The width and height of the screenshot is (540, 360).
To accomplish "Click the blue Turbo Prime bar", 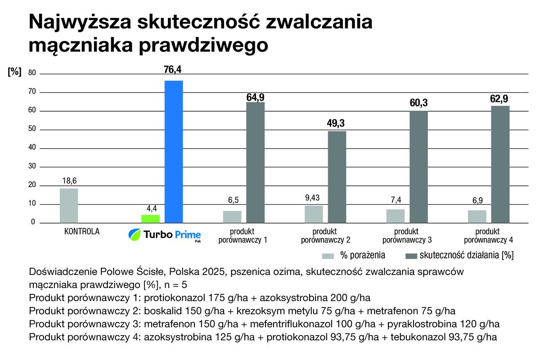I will click(174, 152).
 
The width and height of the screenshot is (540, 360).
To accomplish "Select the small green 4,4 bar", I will click(150, 219).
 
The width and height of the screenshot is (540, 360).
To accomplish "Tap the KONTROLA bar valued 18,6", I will click(69, 206).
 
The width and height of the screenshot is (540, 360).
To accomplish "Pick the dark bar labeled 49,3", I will click(337, 177).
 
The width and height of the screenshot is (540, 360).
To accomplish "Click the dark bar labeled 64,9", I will click(255, 162).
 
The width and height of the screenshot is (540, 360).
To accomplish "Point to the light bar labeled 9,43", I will click(313, 214).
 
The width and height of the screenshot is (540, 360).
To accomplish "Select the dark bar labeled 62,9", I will click(500, 164).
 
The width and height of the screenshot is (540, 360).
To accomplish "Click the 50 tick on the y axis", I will click(32, 130).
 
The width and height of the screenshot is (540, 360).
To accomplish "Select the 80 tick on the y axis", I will click(32, 73).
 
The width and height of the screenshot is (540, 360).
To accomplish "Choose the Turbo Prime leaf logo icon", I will click(135, 234).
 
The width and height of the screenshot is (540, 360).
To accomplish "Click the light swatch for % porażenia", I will click(328, 256).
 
